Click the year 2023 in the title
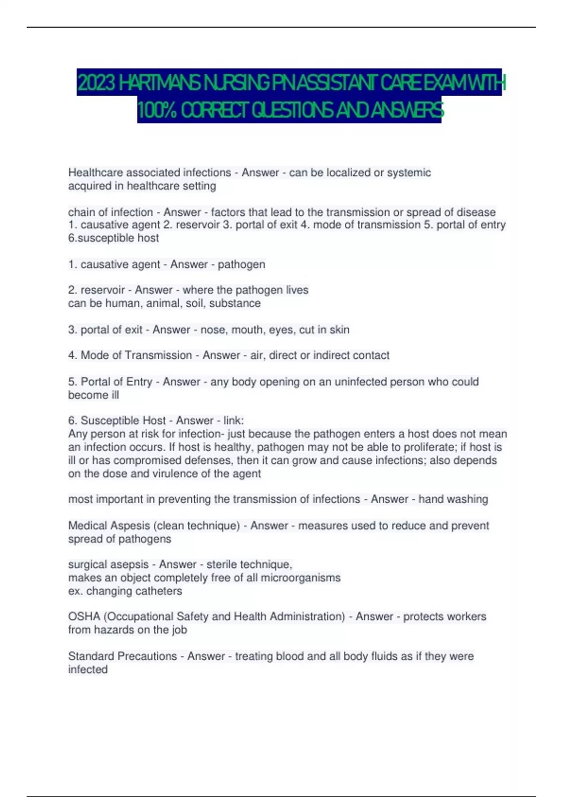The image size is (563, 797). (x=96, y=83)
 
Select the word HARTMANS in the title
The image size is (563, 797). (x=159, y=83)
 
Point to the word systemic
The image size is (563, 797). (x=409, y=173)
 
